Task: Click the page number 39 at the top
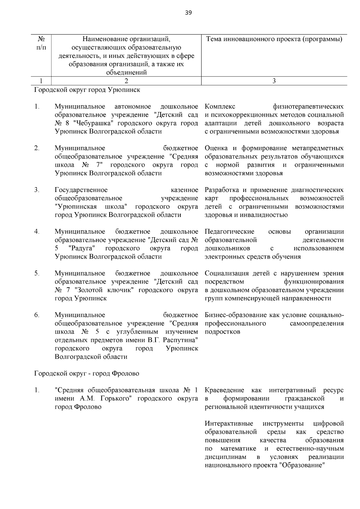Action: click(188, 13)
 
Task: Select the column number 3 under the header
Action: click(274, 81)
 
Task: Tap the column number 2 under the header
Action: click(126, 81)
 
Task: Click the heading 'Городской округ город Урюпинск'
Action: click(87, 90)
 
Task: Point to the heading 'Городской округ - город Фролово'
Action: click(87, 373)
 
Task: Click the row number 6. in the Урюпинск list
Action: click(37, 315)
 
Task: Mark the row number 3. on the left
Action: click(37, 190)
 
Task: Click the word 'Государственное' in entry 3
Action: click(81, 190)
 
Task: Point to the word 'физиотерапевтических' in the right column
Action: click(308, 106)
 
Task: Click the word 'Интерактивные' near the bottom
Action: click(229, 424)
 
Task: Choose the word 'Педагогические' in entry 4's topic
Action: click(229, 232)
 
